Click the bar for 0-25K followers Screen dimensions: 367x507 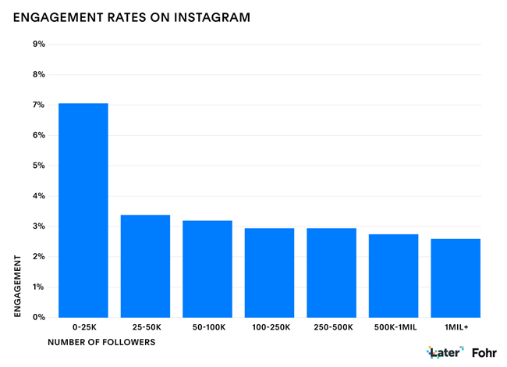[83, 210]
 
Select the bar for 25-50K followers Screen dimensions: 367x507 [145, 265]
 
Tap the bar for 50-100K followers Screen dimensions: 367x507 [207, 269]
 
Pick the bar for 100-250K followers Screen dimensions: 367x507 [269, 273]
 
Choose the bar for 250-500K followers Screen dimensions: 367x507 [331, 273]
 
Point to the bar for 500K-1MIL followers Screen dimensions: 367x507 [393, 276]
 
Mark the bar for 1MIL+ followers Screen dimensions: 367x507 [456, 278]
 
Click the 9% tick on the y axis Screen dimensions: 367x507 [38, 45]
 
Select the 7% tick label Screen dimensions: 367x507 [38, 105]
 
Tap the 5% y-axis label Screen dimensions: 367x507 [38, 166]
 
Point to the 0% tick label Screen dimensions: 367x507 [38, 318]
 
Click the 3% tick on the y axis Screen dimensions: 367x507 [38, 226]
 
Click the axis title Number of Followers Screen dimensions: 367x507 [101, 342]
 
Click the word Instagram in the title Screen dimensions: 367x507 [214, 16]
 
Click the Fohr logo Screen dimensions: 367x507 [484, 353]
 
